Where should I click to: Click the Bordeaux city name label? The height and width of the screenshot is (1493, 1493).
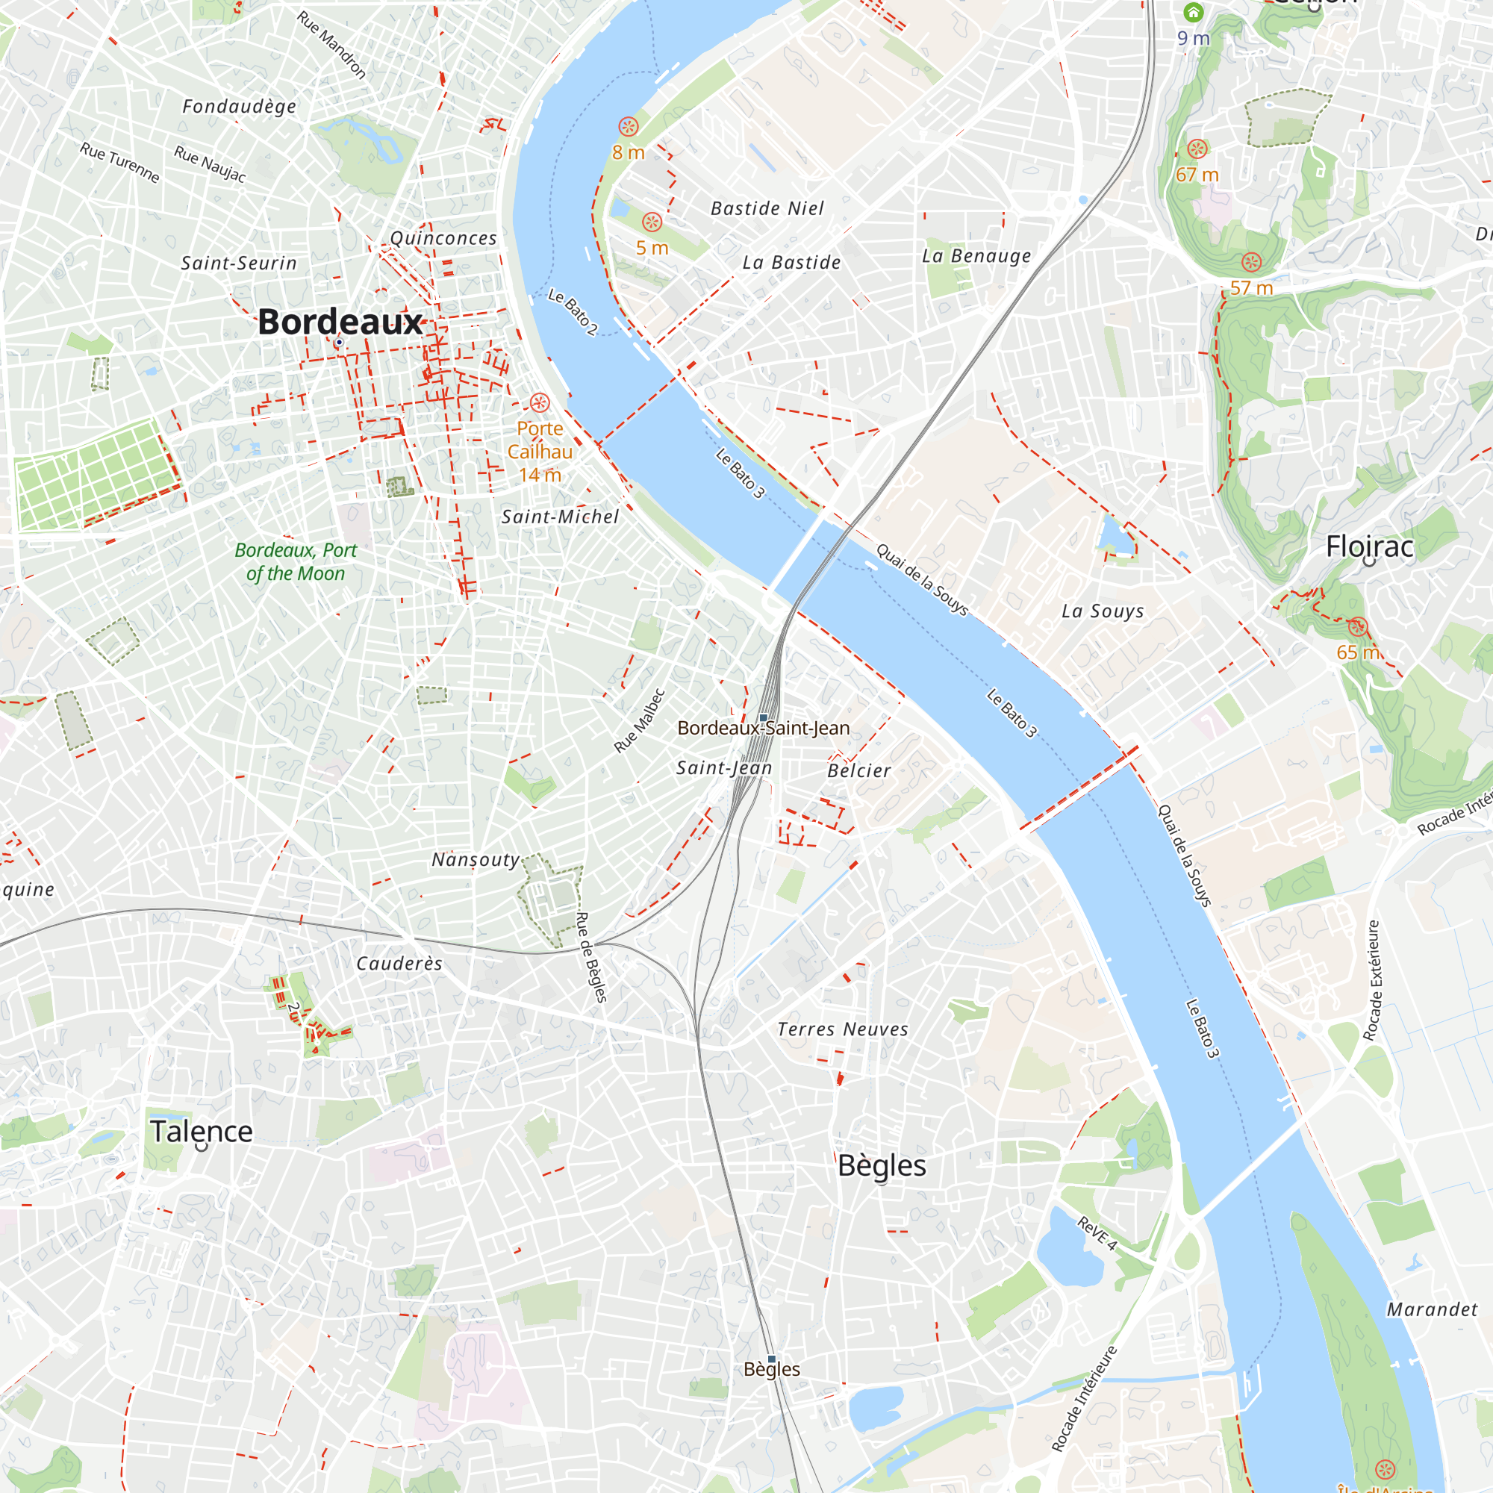pos(340,322)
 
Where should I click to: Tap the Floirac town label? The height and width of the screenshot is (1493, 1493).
pos(1369,547)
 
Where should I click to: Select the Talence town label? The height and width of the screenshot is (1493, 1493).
pos(202,1132)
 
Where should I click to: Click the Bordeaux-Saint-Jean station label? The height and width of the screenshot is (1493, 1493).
pos(764,728)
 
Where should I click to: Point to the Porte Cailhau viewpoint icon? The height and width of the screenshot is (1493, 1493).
pos(540,402)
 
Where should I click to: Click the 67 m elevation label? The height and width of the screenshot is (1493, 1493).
pos(1197,175)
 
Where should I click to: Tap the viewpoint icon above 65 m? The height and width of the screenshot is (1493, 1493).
pos(1358,627)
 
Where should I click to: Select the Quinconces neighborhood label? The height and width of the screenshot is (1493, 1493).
pos(443,238)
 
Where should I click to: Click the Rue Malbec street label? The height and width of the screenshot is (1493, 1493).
pos(639,720)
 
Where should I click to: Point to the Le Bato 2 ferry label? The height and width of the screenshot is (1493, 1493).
pos(573,311)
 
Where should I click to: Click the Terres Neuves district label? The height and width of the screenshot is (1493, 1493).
pos(842,1029)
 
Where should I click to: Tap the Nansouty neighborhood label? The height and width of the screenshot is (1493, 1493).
pos(476,859)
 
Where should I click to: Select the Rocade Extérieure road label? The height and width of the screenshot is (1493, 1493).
pos(1371,981)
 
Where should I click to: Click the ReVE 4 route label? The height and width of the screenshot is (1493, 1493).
pos(1097,1233)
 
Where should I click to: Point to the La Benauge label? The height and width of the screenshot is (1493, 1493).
pos(976,256)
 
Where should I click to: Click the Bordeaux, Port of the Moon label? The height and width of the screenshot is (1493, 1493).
pos(295,562)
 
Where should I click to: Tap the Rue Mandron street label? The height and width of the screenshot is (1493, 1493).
pos(331,45)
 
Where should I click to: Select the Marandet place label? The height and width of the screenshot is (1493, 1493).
pos(1431,1309)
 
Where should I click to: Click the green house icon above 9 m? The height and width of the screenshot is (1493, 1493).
pos(1193,13)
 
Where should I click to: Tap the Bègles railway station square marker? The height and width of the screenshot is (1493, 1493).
pos(771,1359)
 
